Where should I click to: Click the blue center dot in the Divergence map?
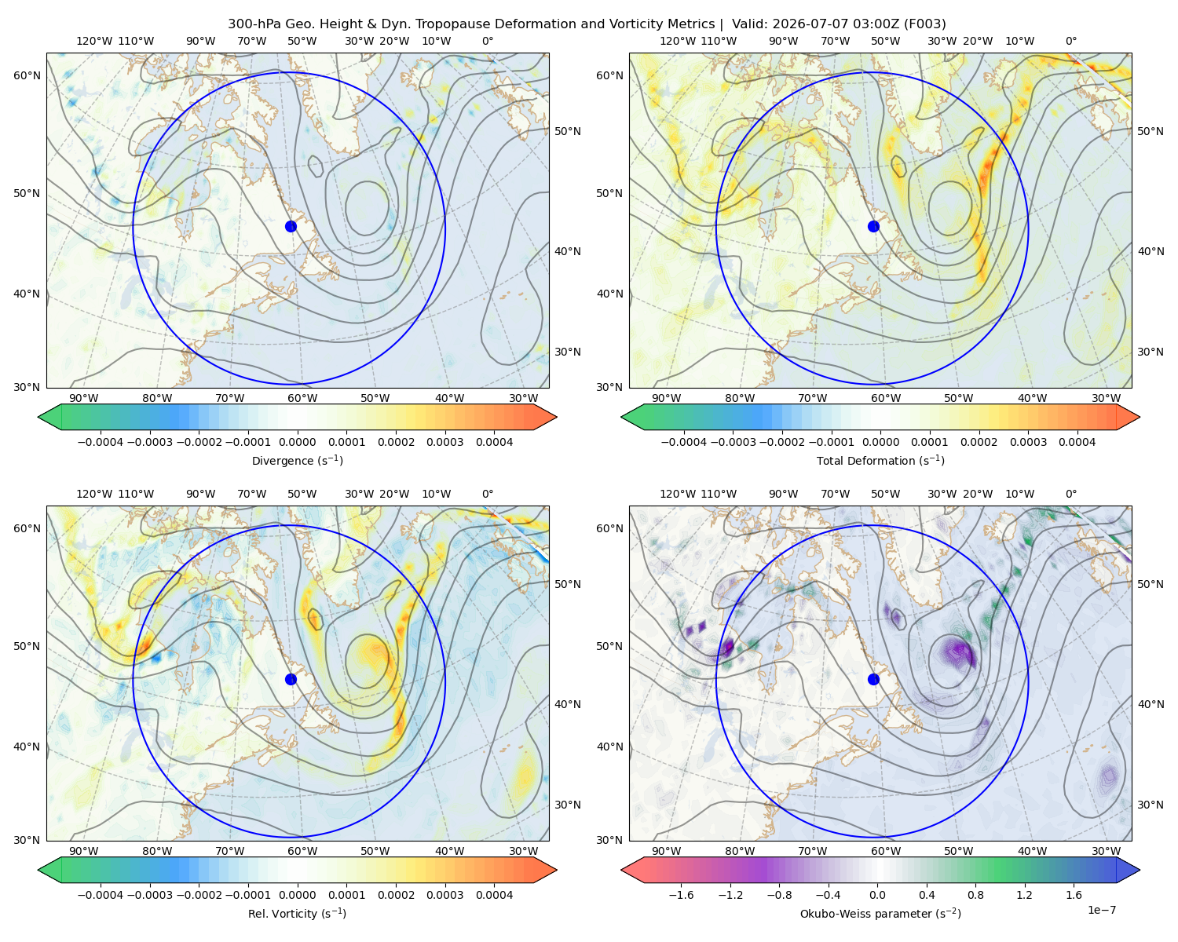point(291,226)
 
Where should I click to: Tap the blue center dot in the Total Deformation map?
point(873,226)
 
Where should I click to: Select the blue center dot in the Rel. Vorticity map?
point(291,679)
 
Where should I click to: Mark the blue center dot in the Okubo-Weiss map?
point(873,679)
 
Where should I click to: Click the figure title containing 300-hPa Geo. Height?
point(587,24)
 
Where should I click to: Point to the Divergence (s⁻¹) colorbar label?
point(297,460)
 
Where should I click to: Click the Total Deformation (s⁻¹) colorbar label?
point(880,460)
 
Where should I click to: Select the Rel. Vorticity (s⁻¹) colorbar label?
point(297,913)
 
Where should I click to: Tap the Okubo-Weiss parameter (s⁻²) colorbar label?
point(880,913)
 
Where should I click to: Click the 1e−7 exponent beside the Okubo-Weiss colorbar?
point(1101,910)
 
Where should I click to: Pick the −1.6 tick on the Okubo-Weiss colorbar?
point(681,895)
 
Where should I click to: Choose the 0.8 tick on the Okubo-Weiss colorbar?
point(975,895)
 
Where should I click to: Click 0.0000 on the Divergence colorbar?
point(297,442)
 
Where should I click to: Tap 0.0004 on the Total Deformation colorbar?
point(1077,442)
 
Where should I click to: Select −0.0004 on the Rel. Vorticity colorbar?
point(101,895)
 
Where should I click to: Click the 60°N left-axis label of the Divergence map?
point(27,75)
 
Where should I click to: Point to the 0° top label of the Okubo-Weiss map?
point(1070,494)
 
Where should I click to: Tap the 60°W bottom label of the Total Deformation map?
point(885,398)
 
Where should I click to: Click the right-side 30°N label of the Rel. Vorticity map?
point(568,805)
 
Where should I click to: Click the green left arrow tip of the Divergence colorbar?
point(38,417)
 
